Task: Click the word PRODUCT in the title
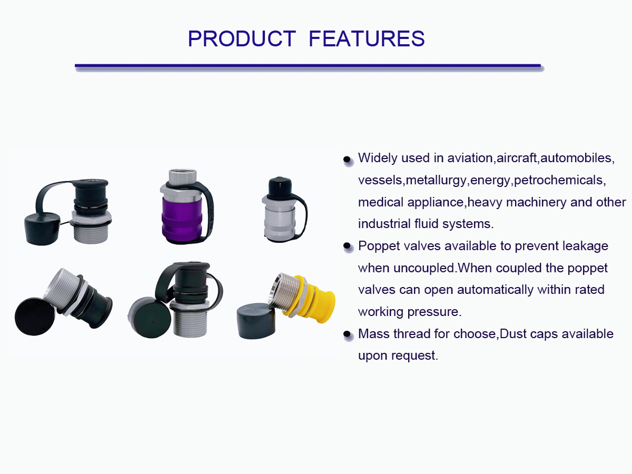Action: click(242, 38)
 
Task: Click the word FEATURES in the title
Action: click(367, 38)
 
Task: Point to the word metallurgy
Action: click(436, 181)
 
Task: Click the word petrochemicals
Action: click(558, 181)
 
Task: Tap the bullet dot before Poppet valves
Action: click(347, 246)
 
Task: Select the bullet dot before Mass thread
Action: click(347, 334)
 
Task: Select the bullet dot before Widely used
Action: click(347, 159)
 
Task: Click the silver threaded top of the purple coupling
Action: click(182, 177)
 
